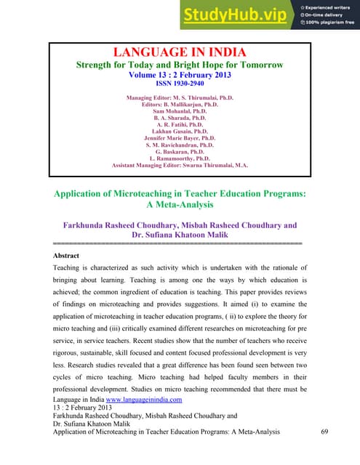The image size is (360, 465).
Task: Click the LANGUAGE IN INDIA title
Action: [179, 52]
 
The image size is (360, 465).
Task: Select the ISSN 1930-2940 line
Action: [179, 84]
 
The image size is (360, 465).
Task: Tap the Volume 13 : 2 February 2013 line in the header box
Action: [179, 74]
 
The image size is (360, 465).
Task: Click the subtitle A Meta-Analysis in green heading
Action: [179, 206]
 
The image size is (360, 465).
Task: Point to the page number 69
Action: [325, 432]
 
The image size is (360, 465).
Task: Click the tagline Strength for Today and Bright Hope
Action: [179, 65]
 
